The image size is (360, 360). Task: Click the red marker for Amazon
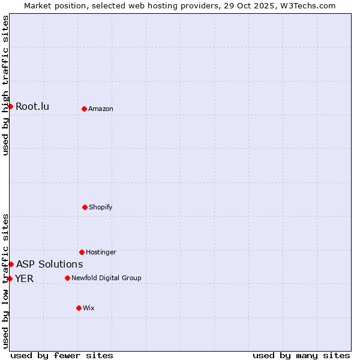click(84, 109)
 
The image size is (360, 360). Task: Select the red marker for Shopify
click(85, 207)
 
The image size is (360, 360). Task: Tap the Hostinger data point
click(82, 252)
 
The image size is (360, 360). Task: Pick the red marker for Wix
click(79, 308)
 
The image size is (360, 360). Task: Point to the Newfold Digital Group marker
click(67, 278)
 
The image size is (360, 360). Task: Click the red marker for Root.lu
click(10, 106)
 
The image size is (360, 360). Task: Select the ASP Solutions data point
click(11, 264)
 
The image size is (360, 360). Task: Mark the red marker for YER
click(10, 278)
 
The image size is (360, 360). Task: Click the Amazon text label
click(101, 109)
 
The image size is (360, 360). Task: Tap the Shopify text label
click(101, 207)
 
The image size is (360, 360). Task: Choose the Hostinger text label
click(101, 252)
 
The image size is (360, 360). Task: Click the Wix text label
click(89, 308)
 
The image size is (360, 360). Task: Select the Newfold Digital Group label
click(107, 278)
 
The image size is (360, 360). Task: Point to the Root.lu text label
click(32, 107)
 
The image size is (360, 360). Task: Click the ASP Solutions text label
click(50, 264)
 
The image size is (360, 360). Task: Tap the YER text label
click(25, 278)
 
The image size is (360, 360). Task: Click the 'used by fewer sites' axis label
click(62, 355)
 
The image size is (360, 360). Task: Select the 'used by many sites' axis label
click(301, 355)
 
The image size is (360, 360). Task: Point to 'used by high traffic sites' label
click(5, 85)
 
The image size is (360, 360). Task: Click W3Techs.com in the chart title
click(306, 5)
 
